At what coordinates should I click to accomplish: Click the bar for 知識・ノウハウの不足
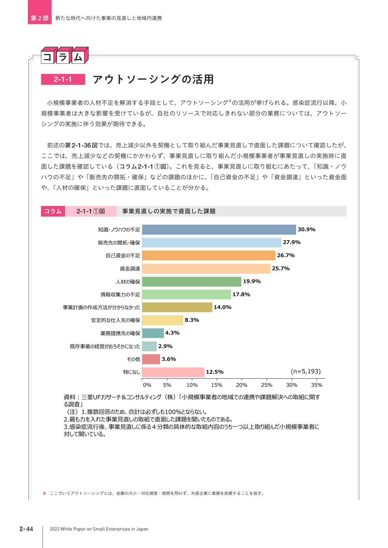(x=219, y=230)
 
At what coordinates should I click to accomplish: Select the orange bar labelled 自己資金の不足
(x=209, y=255)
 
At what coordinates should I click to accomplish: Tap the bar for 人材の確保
(x=192, y=281)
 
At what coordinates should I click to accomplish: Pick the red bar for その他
(x=151, y=359)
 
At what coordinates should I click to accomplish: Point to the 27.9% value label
(x=292, y=242)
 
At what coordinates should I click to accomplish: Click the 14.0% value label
(x=223, y=307)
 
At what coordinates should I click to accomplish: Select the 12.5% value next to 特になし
(x=215, y=372)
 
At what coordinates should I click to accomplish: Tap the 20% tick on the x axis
(x=242, y=385)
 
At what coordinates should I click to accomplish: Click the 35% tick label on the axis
(x=317, y=385)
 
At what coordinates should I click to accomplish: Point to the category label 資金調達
(x=130, y=269)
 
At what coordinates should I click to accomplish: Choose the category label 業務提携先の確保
(x=120, y=333)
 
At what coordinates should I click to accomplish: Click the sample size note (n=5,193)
(x=306, y=371)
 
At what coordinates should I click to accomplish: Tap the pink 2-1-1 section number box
(x=63, y=79)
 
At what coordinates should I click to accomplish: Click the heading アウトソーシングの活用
(x=153, y=79)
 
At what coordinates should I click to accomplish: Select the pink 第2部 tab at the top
(x=40, y=12)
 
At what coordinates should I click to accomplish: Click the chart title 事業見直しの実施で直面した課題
(x=169, y=211)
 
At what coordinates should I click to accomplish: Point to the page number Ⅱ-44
(x=26, y=529)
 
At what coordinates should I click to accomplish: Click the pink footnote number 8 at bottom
(x=44, y=493)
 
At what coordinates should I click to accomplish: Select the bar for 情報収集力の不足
(x=187, y=294)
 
